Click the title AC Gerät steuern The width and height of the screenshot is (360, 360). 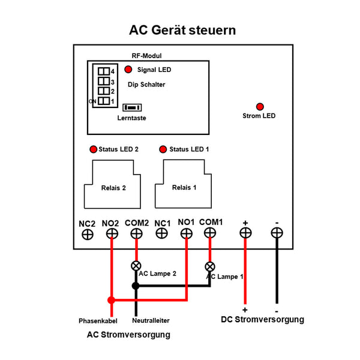point(182,30)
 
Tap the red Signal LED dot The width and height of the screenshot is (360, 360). point(128,70)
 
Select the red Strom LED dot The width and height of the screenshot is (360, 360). point(259,106)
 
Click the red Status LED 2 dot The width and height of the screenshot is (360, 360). point(93,149)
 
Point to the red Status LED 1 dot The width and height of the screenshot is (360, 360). point(162,149)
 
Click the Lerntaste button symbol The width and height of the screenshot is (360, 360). point(131,107)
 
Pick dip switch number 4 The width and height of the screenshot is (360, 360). point(104,71)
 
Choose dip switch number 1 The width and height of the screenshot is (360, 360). point(104,101)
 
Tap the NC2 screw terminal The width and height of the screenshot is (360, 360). point(87,234)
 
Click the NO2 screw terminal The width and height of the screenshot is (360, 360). point(112,234)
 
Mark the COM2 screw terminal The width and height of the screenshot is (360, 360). point(136,234)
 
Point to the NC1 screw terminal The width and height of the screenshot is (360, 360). point(162,234)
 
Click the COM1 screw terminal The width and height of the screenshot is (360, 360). point(210,234)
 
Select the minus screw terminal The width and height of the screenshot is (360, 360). point(277,234)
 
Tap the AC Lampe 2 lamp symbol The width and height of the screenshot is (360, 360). point(136,266)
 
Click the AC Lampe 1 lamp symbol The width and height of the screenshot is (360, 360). point(210,266)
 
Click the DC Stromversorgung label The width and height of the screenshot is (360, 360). point(262,320)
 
